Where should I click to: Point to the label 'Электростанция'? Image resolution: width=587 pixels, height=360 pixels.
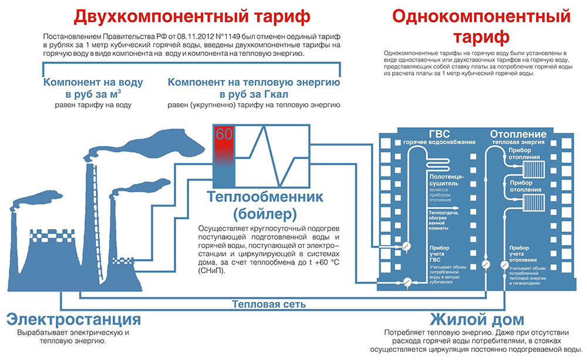[74, 320]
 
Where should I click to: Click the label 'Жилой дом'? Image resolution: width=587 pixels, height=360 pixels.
[475, 320]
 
